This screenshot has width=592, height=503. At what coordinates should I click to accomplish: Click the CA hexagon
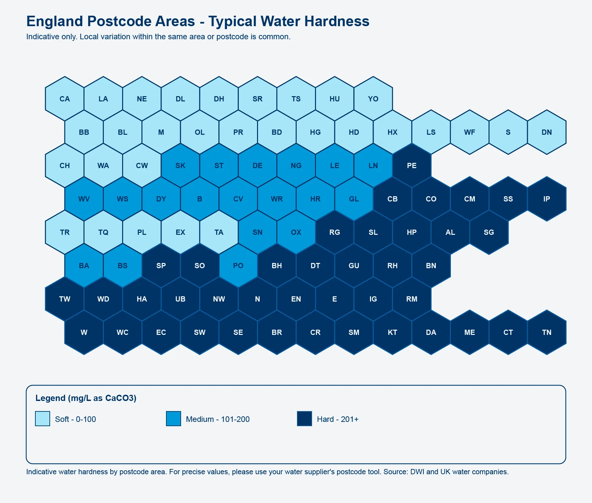tap(65, 99)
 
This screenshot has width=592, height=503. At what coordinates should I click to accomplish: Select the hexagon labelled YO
tap(373, 99)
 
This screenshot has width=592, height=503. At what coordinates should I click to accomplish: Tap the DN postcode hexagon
tap(546, 132)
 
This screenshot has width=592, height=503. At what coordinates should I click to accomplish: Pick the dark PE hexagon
tap(412, 165)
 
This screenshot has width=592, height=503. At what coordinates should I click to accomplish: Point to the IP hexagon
tap(546, 199)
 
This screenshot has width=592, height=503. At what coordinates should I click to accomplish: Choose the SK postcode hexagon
tap(180, 165)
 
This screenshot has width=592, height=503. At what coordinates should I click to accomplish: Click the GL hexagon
tap(354, 199)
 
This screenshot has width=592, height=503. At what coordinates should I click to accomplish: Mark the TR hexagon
tap(65, 232)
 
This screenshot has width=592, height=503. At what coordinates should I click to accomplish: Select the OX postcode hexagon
tap(296, 232)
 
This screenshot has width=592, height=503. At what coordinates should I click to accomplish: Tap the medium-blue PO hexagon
tap(238, 266)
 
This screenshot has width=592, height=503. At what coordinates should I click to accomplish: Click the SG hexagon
tap(489, 232)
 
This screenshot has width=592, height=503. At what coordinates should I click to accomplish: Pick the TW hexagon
tap(65, 299)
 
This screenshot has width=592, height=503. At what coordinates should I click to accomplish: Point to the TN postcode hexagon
tap(546, 332)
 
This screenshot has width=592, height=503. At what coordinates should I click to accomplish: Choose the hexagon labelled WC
tap(122, 332)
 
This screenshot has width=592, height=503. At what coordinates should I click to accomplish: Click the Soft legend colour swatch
tap(43, 419)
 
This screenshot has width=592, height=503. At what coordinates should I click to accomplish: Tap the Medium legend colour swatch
tap(174, 419)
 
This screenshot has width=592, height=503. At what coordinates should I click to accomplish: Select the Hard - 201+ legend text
tap(338, 419)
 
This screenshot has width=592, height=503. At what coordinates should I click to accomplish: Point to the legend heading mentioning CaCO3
tap(86, 398)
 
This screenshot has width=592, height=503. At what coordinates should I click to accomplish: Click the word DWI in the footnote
tap(417, 472)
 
